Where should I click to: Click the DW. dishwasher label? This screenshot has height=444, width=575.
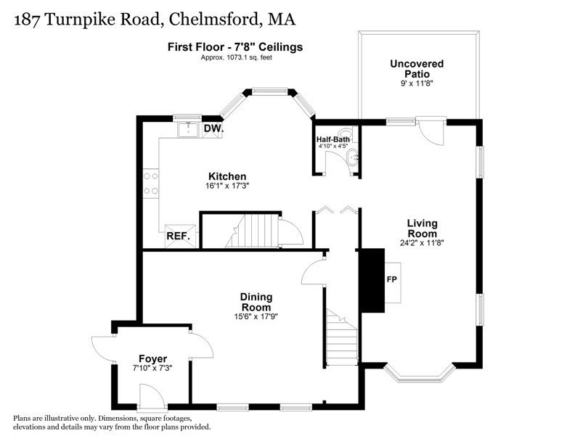213,128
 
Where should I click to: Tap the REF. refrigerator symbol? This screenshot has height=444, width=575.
180,237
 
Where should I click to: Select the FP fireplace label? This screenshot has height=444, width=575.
391,279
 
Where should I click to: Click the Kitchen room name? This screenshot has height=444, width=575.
227,176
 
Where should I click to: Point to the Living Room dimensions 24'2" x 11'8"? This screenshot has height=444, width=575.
422,242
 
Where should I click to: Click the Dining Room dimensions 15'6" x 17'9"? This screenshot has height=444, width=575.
256,316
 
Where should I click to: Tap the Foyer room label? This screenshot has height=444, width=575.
152,358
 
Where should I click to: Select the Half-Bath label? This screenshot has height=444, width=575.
333,139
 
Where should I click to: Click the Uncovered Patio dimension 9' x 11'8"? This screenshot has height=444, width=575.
417,83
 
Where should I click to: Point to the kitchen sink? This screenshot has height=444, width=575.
188,129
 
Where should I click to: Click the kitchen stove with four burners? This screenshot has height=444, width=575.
151,183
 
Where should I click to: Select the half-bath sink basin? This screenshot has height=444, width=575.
352,157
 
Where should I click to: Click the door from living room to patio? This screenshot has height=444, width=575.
431,131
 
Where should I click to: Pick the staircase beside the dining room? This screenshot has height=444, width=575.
342,338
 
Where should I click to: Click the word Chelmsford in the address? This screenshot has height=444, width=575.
213,20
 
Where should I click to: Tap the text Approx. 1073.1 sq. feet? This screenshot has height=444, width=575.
237,57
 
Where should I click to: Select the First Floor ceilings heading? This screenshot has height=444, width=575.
235,47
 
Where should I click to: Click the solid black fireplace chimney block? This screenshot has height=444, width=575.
373,281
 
